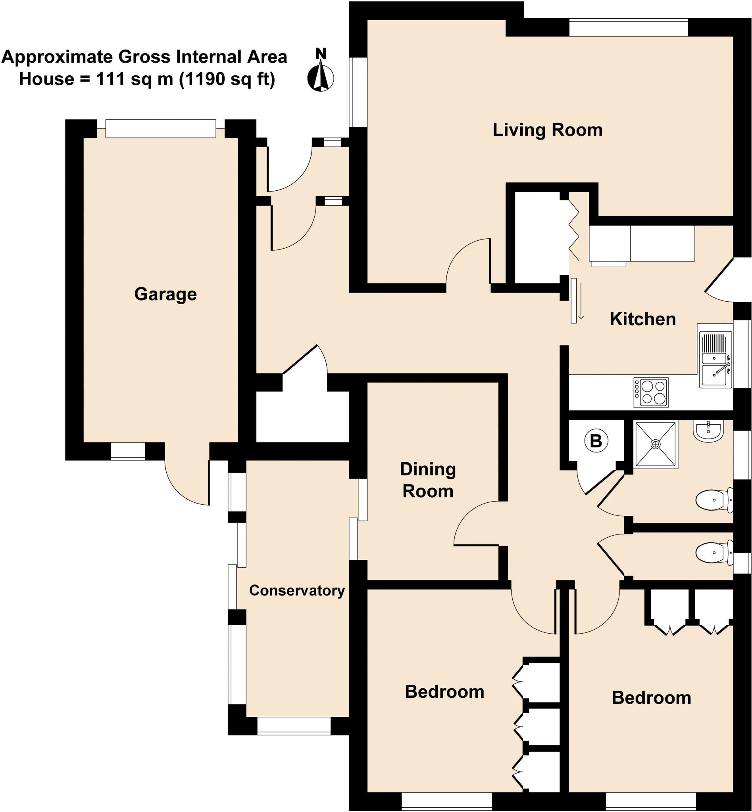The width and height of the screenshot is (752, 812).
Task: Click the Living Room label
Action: pyautogui.click(x=547, y=130)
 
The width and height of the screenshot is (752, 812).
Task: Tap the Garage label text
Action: pyautogui.click(x=165, y=294)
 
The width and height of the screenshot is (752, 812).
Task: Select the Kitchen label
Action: pyautogui.click(x=642, y=319)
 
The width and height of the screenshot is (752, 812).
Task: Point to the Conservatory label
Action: pyautogui.click(x=297, y=590)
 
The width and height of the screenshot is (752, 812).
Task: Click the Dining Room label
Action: pyautogui.click(x=428, y=480)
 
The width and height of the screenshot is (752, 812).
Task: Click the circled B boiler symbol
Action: pyautogui.click(x=596, y=441)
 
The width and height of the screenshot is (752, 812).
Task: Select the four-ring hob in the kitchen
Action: pyautogui.click(x=651, y=393)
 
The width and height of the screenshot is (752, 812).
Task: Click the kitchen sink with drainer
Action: pyautogui.click(x=715, y=360)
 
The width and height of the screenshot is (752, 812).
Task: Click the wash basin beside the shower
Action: pyautogui.click(x=709, y=432)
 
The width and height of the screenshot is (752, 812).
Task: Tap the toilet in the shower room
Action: pyautogui.click(x=713, y=500)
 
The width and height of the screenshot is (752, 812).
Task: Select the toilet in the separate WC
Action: pyautogui.click(x=713, y=553)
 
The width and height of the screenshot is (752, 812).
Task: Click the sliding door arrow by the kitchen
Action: pyautogui.click(x=581, y=301)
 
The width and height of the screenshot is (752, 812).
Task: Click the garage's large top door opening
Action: pyautogui.click(x=160, y=128)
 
